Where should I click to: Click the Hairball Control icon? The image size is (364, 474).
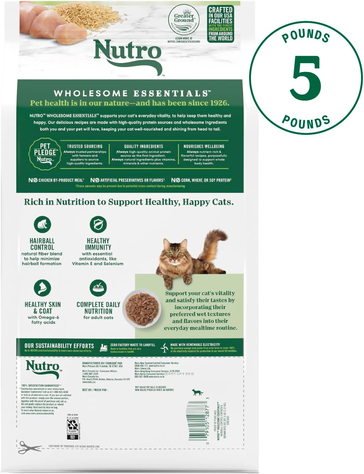tap(42, 224)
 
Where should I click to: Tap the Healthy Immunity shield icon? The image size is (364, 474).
tap(98, 224)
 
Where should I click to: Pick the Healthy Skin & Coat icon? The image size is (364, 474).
tap(42, 288)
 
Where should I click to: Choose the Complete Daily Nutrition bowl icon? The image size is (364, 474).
tap(98, 288)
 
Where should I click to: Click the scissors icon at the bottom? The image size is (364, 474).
tap(30, 447)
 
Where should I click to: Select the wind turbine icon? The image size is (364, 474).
tap(164, 348)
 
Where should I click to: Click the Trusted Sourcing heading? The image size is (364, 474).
tap(85, 146)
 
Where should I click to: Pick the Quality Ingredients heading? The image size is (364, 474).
tap(143, 146)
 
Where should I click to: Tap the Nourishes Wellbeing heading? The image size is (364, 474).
tap(204, 146)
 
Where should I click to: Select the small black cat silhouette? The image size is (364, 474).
tap(197, 392)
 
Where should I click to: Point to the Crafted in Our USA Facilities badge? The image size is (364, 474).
tap(220, 24)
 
